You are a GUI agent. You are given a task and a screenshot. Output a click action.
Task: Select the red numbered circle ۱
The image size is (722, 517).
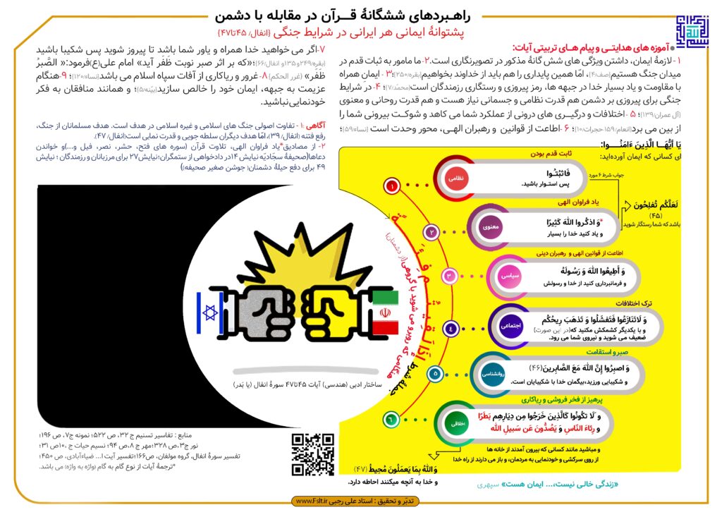[390, 187]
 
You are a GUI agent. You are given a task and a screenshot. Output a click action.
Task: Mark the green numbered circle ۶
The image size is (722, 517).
[388, 420]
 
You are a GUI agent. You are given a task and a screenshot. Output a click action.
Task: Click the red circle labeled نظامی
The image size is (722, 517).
[455, 179]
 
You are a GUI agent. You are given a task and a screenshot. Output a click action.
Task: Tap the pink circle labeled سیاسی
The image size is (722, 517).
[510, 276]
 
